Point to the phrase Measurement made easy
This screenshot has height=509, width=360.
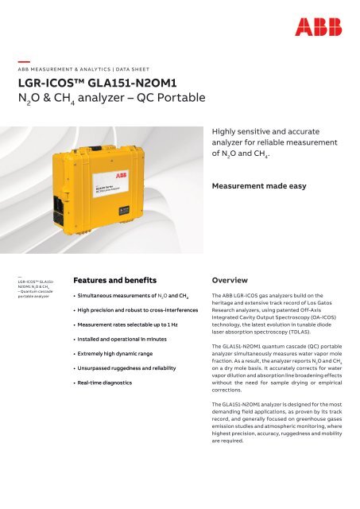pos(262,166)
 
